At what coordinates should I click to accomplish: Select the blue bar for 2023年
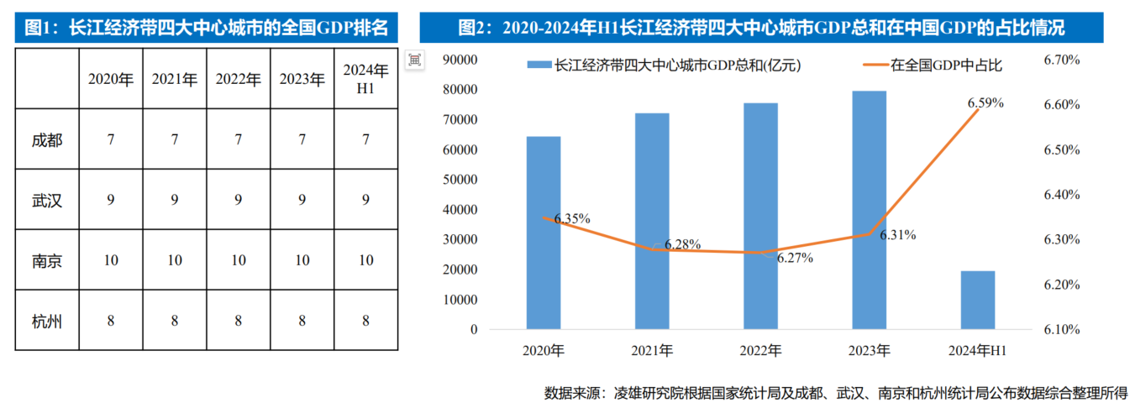[869, 209]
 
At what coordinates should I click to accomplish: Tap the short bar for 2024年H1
[977, 299]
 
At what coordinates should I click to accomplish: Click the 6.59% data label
[985, 102]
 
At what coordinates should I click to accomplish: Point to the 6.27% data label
[795, 259]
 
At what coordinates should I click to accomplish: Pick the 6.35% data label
[572, 218]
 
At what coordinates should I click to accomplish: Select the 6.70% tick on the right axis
[1060, 60]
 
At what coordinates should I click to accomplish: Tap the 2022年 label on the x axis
[759, 350]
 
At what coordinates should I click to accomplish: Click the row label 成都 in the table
[47, 140]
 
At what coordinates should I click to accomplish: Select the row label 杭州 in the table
[47, 321]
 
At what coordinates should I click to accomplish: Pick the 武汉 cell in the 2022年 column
[239, 201]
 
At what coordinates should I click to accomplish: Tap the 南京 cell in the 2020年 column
[111, 260]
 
